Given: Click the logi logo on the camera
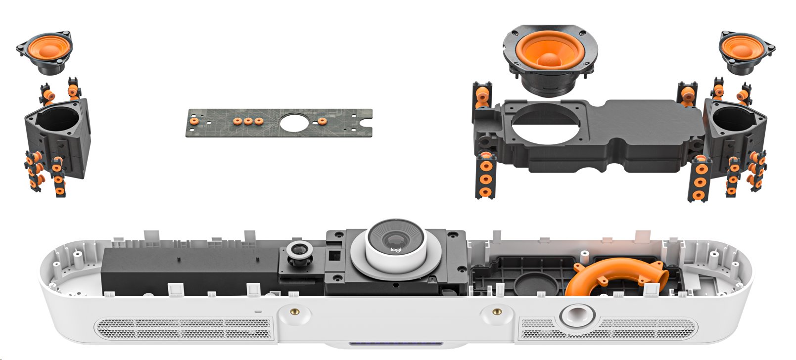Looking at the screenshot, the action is click(x=395, y=249).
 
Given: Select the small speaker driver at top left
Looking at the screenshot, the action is click(x=45, y=52).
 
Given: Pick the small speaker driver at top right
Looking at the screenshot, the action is click(x=748, y=52).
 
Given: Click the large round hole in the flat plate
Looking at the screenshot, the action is click(x=294, y=123).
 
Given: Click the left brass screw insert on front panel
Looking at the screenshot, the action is click(x=294, y=312).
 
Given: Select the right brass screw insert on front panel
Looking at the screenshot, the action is click(x=497, y=312).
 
